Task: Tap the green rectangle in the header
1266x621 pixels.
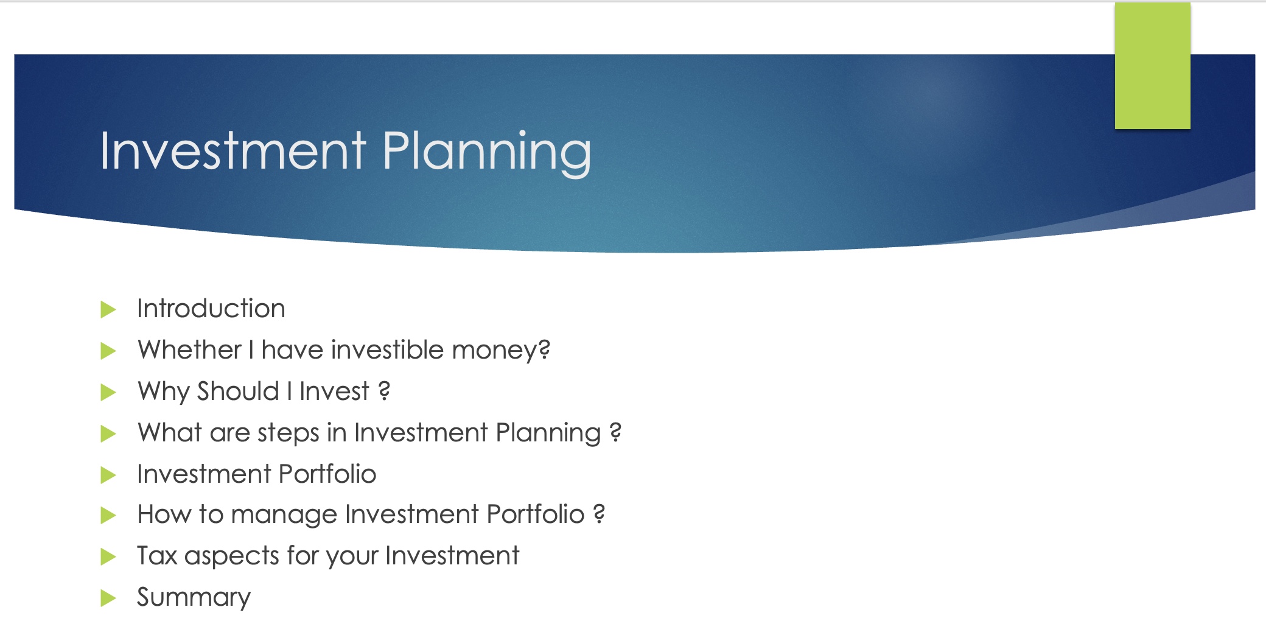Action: point(1152,66)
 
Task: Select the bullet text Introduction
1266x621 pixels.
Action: point(211,309)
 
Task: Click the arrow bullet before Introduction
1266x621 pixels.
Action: point(108,309)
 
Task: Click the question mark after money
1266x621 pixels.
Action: point(544,349)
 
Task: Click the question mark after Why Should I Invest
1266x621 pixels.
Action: point(384,390)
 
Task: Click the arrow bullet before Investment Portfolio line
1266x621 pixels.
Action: point(108,475)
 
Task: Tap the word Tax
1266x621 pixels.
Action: point(157,556)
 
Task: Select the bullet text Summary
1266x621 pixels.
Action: point(194,597)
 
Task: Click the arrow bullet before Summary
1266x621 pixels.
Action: point(108,598)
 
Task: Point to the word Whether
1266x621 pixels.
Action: point(190,350)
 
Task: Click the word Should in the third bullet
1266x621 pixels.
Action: point(238,391)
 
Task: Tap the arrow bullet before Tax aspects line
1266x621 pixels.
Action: point(108,556)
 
